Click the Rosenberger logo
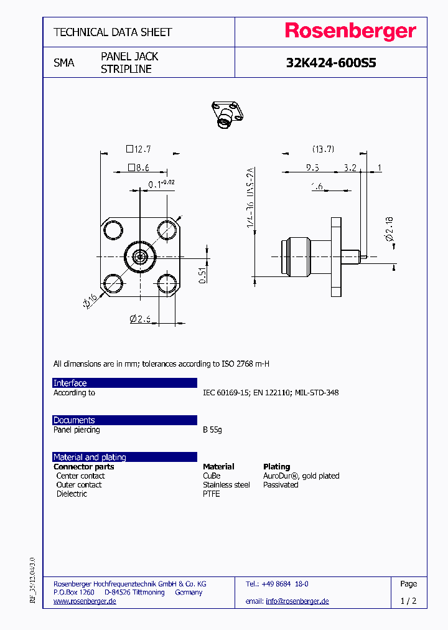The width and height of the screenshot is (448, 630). click(350, 32)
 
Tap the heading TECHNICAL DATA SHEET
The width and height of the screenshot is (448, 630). click(113, 32)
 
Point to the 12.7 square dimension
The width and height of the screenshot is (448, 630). click(139, 149)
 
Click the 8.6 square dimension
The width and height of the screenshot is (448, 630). click(139, 167)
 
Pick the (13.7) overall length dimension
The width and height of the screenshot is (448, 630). click(323, 149)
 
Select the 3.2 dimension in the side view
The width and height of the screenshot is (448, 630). click(350, 167)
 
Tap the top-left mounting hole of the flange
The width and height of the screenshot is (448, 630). click(113, 231)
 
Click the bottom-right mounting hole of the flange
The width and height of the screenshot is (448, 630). click(167, 283)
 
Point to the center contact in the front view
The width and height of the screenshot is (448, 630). click(140, 256)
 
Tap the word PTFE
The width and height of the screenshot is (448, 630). click(212, 494)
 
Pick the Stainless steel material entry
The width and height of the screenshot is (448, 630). click(226, 485)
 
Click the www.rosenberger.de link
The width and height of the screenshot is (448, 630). click(85, 601)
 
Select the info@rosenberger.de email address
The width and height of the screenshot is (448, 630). click(297, 601)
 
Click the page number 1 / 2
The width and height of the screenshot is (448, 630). click(408, 601)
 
